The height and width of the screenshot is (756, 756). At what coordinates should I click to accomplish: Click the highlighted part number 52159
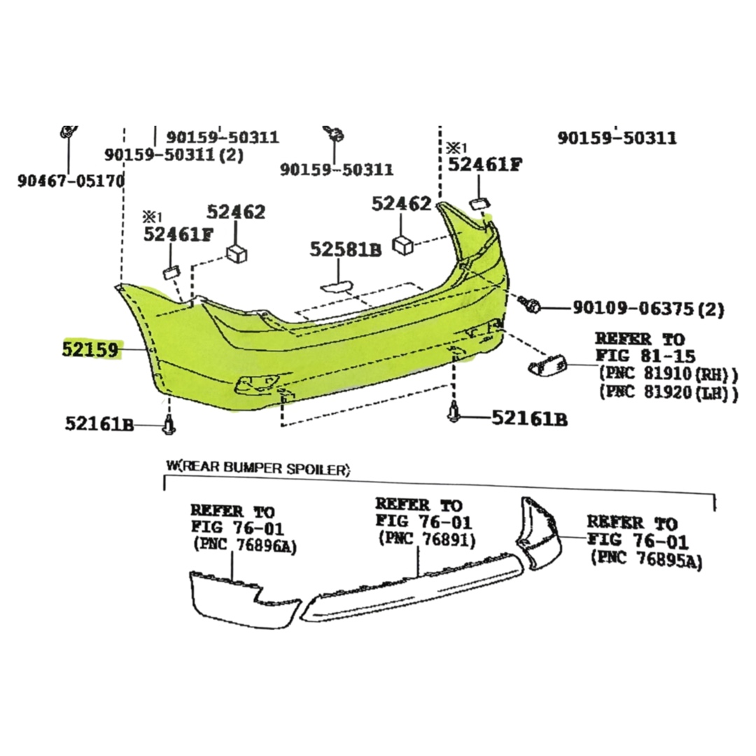point(90,349)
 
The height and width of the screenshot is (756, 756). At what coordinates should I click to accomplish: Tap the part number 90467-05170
point(71,181)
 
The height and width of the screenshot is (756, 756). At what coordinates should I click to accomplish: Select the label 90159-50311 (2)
point(174,155)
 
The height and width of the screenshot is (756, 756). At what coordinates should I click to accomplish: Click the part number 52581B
point(345,249)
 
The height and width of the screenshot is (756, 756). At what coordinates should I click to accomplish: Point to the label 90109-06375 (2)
point(648,308)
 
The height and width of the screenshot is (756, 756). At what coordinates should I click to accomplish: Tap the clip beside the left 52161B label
point(168,423)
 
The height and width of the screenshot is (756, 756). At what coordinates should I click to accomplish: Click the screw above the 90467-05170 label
point(69,131)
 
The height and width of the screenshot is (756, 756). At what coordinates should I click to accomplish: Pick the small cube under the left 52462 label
point(237,253)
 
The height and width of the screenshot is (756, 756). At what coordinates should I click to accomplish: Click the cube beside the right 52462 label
point(402,245)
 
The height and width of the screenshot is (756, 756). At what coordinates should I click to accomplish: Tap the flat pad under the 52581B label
point(337,288)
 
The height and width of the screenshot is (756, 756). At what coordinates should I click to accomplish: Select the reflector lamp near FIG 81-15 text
point(547,363)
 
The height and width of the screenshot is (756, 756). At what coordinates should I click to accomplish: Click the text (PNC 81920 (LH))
point(668,393)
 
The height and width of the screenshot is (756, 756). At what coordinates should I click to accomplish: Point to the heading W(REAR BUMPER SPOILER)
point(258,468)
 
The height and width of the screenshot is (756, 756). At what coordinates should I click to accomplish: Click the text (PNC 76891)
point(427,539)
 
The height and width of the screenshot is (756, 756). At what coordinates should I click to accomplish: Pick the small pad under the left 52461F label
point(171,272)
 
